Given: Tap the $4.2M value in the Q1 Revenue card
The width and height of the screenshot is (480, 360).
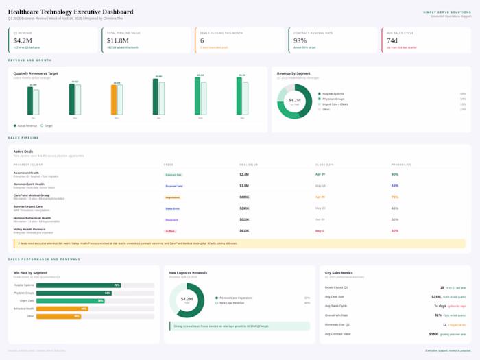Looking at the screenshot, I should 23,40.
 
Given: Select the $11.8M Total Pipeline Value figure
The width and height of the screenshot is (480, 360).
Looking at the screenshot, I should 119,40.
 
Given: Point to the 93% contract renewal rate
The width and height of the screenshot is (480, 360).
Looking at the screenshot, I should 300,40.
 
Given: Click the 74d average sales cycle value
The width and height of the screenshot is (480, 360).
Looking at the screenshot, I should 392,40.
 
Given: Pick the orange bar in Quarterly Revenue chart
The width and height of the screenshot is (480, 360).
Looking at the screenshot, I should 114,99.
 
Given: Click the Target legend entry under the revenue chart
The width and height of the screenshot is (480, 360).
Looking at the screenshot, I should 47,125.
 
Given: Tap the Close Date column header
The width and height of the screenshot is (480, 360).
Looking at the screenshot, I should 324,165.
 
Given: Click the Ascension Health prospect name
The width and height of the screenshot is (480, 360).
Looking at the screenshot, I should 26,173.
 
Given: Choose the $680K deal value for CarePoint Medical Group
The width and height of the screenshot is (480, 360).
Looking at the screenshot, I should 244,197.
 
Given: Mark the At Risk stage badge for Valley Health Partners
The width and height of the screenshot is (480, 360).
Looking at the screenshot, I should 171,231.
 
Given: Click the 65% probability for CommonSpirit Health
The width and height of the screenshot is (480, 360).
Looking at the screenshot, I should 395,185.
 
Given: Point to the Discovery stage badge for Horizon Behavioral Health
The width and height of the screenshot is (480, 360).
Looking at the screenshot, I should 172,219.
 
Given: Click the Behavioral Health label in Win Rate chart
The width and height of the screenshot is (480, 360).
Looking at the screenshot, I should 24,309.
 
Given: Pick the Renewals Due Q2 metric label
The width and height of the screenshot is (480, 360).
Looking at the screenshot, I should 338,324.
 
